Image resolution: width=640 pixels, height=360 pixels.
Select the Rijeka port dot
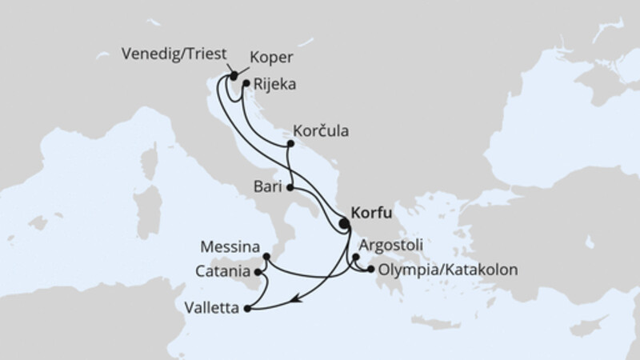[246, 82]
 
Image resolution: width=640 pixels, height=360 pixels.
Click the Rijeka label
[270, 82]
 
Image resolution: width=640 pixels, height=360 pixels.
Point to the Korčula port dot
[290, 145]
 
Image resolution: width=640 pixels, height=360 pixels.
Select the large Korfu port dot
[344, 224]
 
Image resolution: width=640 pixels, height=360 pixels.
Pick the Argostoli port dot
[356, 258]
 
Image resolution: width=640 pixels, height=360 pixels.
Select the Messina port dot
[266, 258]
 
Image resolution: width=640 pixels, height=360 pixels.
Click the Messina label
[230, 246]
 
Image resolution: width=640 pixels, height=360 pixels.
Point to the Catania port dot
[258, 274]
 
